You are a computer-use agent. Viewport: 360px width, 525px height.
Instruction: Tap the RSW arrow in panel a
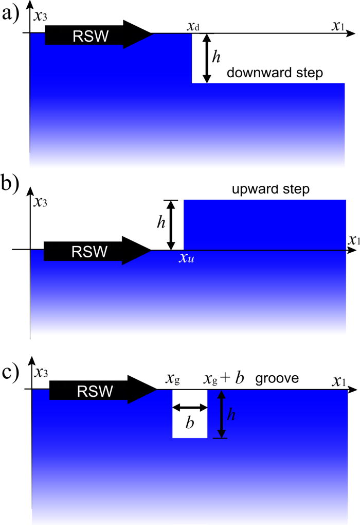tap(98, 34)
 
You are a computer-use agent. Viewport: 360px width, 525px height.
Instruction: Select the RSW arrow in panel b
tap(96, 251)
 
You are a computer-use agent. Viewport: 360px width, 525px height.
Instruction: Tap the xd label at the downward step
tap(194, 26)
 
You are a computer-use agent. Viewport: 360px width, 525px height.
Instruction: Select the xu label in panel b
tap(186, 259)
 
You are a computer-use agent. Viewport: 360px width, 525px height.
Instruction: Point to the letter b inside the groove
tap(189, 423)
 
